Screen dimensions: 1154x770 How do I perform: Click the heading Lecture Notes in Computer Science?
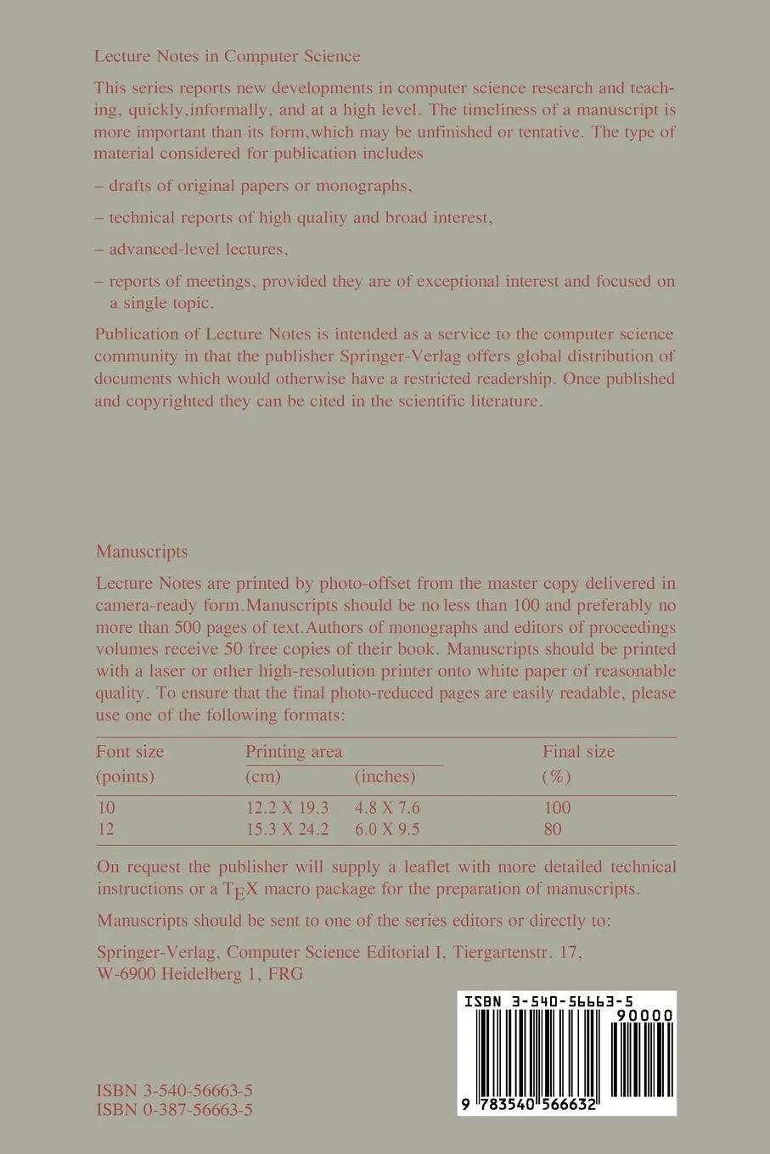(228, 57)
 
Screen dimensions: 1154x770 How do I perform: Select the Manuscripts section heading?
(142, 552)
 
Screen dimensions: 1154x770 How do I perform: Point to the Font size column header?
(130, 752)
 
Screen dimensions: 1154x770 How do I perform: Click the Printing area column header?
(294, 752)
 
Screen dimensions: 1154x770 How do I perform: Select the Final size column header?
(579, 752)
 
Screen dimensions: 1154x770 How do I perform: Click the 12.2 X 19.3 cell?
(287, 808)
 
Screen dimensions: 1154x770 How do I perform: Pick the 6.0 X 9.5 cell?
(387, 830)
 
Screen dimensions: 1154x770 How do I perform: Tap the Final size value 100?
(557, 808)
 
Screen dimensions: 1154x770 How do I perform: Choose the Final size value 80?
(553, 830)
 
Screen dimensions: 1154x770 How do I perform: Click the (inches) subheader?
(385, 777)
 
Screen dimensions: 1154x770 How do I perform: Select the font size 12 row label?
(105, 830)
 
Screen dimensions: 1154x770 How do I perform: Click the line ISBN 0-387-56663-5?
(175, 1110)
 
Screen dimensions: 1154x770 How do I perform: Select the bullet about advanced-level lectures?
(199, 249)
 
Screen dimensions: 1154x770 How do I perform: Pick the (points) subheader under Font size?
(125, 777)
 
